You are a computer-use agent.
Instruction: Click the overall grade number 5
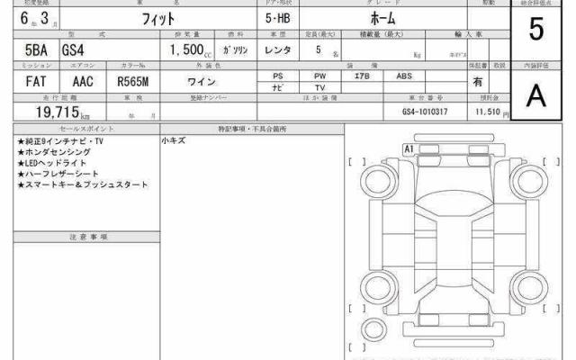coord(536,31)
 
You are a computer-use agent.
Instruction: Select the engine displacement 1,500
coord(184,51)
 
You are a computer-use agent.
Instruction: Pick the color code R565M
coord(133,82)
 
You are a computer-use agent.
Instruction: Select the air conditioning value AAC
coord(83,82)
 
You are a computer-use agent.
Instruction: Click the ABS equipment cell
coord(404,76)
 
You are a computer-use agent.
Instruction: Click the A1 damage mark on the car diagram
coord(408,148)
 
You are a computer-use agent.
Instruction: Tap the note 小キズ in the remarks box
coord(173,141)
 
